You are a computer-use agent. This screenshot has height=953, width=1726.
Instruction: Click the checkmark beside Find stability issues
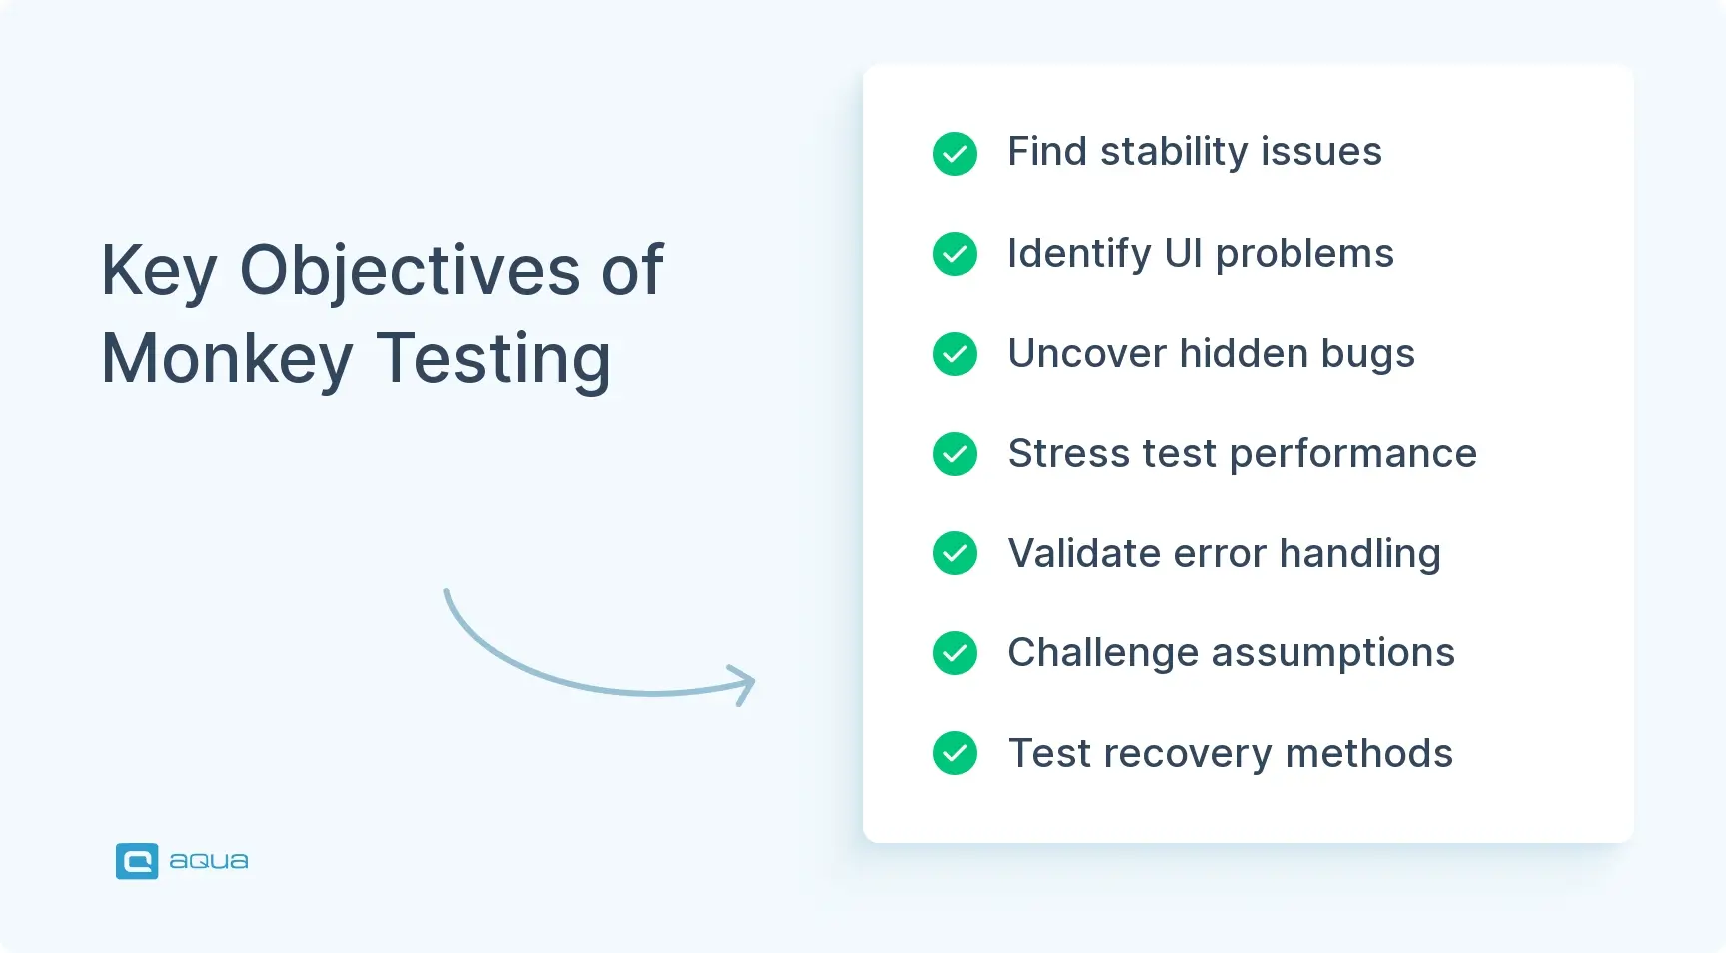(x=955, y=154)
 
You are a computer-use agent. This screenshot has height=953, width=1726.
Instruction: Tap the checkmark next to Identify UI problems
(x=955, y=254)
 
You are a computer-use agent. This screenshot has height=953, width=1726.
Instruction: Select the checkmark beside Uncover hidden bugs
(x=955, y=354)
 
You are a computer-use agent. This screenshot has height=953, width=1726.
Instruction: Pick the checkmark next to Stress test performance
(x=955, y=454)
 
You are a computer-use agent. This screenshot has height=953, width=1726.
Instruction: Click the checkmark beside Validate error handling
(x=955, y=553)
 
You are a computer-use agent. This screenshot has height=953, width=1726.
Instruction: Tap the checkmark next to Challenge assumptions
(x=955, y=653)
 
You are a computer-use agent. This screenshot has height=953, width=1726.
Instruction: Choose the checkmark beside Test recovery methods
(x=955, y=753)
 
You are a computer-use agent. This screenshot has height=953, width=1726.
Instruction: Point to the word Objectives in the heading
(x=410, y=271)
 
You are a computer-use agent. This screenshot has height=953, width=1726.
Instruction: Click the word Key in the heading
(x=158, y=271)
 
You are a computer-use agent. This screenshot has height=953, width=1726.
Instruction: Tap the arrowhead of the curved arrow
(x=744, y=684)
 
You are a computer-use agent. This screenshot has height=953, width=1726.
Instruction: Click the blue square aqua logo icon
(x=137, y=861)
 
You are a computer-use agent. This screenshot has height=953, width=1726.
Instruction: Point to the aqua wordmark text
(x=208, y=861)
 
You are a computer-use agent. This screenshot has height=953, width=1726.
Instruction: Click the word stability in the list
(x=1174, y=152)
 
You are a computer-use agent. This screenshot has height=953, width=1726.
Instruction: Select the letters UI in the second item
(x=1183, y=254)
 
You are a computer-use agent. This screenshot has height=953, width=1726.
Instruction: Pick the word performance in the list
(x=1352, y=454)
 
